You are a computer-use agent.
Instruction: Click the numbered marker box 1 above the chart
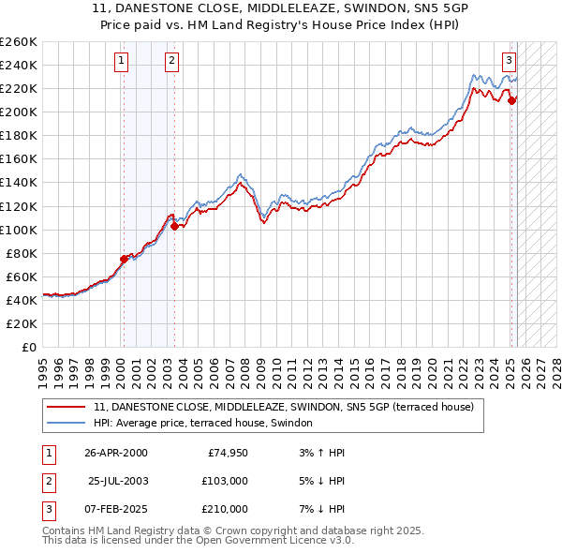(x=123, y=62)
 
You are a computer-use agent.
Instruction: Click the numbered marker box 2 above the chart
(x=173, y=62)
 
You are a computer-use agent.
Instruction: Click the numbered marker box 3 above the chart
(x=509, y=62)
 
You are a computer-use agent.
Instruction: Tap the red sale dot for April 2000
(x=124, y=259)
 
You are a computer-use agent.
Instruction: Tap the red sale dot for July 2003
(x=174, y=225)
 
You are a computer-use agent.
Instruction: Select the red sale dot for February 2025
(x=511, y=100)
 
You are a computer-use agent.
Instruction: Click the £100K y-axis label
(x=19, y=230)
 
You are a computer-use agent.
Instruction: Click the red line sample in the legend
(x=66, y=408)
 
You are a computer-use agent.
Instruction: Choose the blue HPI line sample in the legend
(x=66, y=424)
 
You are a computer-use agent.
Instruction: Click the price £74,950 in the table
(x=227, y=453)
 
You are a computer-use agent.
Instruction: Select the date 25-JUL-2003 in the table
(x=118, y=481)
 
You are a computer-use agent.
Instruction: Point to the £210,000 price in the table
(x=226, y=509)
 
